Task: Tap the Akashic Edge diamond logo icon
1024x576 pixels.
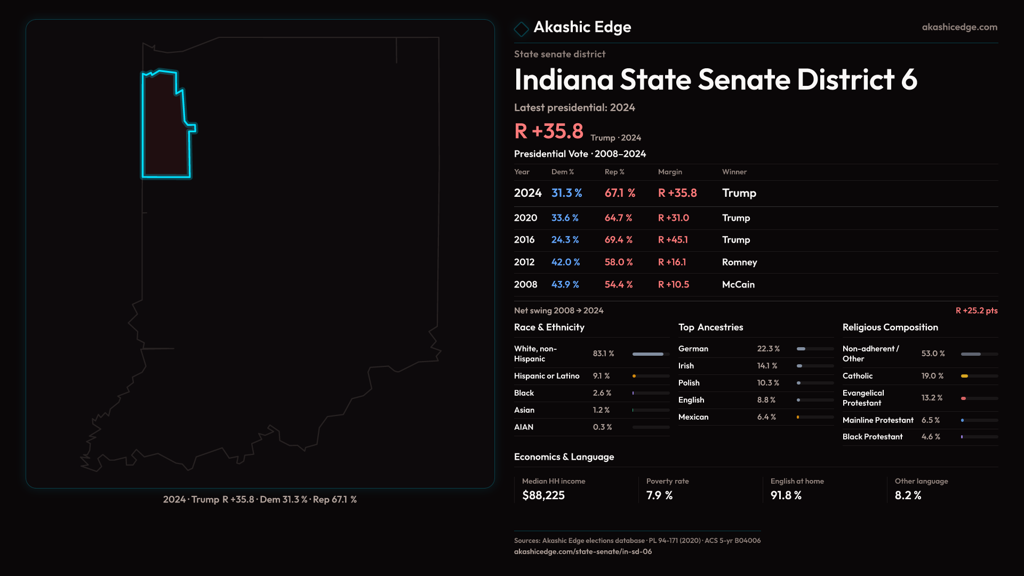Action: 521,29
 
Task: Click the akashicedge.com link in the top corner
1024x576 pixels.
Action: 959,27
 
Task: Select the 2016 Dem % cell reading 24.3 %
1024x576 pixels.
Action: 565,240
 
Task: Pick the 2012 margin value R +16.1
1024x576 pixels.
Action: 672,262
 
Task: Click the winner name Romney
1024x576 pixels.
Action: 739,262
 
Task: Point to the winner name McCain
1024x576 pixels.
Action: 738,285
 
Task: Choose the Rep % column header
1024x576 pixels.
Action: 614,172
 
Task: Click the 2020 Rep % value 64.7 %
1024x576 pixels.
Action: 618,218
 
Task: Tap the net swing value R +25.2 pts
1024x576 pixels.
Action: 976,310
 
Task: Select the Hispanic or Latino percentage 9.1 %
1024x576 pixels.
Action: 601,376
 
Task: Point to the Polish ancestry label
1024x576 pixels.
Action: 689,383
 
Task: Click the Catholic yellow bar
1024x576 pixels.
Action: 964,376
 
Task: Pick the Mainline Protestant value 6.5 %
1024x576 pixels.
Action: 930,420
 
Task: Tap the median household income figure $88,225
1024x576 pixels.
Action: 543,495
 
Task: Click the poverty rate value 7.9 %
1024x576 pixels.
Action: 659,495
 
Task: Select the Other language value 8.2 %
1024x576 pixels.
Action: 908,495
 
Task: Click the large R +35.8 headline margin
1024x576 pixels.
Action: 548,131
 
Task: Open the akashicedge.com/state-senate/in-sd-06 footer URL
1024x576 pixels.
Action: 582,551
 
